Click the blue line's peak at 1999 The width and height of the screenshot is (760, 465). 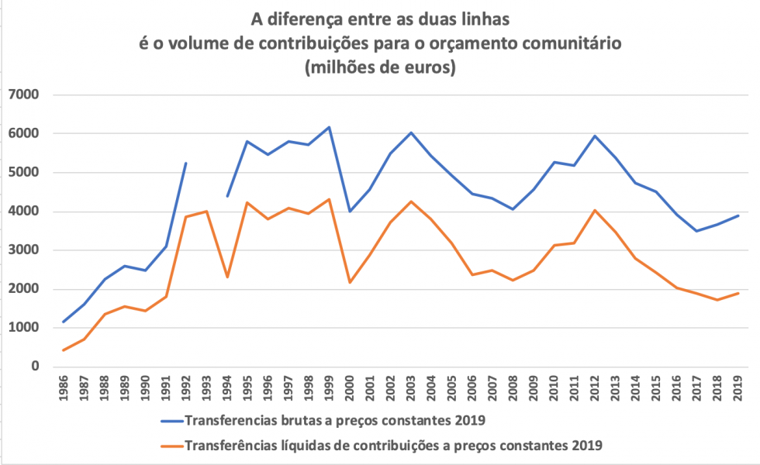[329, 127]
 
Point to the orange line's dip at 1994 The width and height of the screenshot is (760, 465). [227, 277]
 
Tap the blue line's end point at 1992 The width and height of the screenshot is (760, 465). [186, 164]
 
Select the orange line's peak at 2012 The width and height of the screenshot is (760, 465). [595, 210]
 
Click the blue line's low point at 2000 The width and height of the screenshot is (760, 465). [350, 211]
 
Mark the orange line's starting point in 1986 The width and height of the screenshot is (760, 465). [64, 350]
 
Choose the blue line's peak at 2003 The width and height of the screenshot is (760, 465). [411, 133]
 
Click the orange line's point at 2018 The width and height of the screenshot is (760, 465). [717, 300]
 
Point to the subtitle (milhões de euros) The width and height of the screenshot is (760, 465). [380, 67]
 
